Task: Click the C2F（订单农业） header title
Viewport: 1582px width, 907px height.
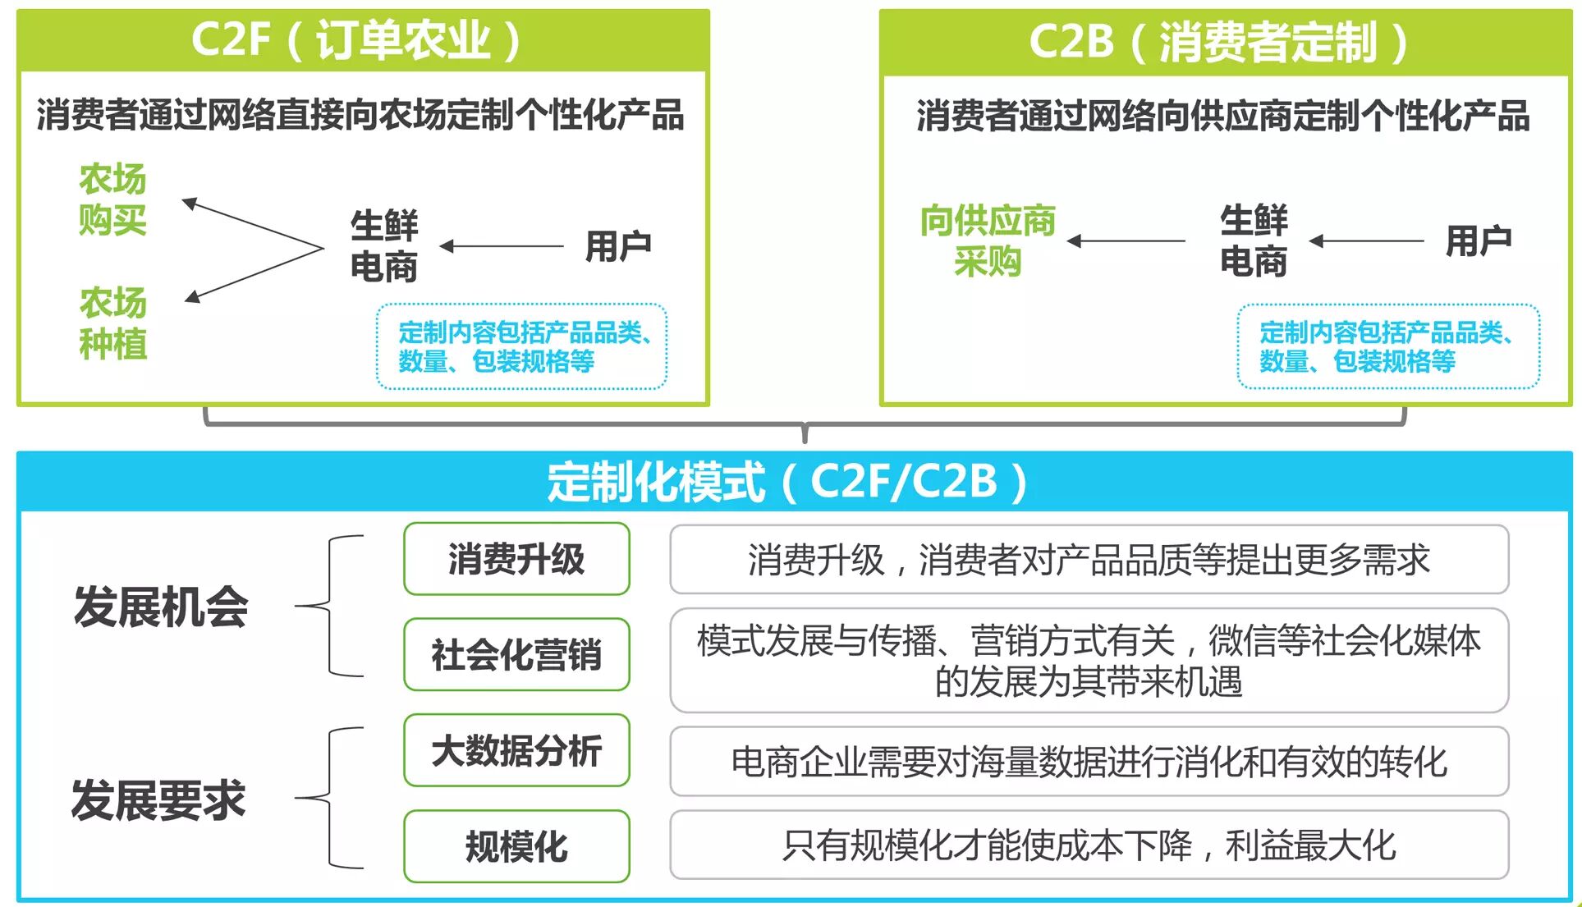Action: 356,39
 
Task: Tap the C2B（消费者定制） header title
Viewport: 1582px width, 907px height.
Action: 1218,42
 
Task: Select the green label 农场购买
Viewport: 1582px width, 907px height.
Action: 112,199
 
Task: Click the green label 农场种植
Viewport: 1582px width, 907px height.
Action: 112,323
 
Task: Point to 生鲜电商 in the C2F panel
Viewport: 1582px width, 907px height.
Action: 383,245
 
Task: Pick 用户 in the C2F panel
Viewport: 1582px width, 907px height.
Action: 617,245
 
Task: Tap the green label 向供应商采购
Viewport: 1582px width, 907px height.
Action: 987,241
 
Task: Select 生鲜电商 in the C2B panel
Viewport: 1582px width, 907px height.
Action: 1253,241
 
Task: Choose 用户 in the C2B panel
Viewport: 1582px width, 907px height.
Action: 1478,240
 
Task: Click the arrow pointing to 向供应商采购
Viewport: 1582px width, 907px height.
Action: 1126,241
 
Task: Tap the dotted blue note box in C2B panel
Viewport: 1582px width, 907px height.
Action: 1387,346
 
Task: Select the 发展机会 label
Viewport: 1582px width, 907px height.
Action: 161,607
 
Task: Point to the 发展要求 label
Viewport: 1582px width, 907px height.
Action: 158,799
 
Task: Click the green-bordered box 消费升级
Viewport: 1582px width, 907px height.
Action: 516,559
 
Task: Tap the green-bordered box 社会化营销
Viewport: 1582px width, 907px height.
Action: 516,655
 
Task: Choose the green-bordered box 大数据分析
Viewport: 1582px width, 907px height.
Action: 516,750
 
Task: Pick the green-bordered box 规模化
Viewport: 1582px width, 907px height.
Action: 516,846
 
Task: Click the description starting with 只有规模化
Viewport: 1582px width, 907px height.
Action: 1089,845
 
